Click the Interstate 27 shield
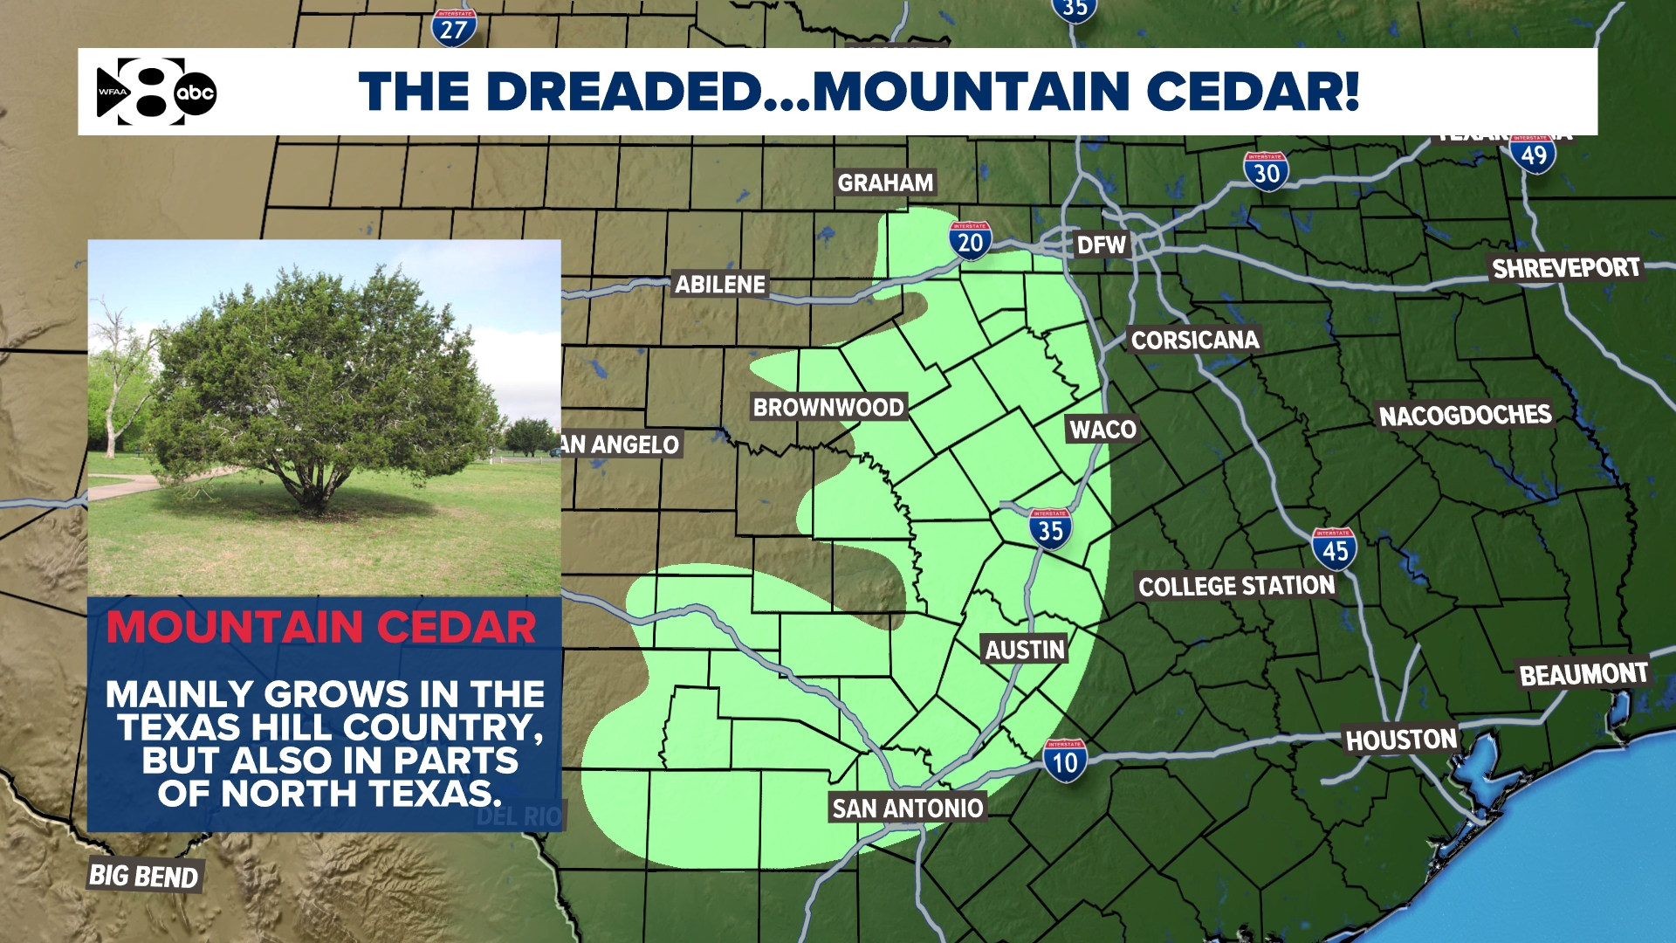tap(454, 28)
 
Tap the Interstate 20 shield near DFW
tap(970, 241)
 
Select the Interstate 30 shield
tap(1266, 172)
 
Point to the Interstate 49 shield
tap(1533, 155)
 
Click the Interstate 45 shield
tap(1334, 549)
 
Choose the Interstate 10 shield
tap(1064, 761)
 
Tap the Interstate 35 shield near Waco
tap(1050, 529)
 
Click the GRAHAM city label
tap(885, 182)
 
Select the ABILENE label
tap(720, 285)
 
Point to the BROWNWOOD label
tap(828, 408)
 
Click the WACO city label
tap(1102, 430)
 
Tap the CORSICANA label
tap(1195, 340)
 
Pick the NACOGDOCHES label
tap(1465, 416)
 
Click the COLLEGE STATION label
tap(1236, 586)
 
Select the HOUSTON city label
tap(1401, 740)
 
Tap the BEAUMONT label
tap(1583, 674)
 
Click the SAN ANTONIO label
tap(907, 809)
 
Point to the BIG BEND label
tap(144, 876)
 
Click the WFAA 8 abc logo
tap(156, 92)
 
